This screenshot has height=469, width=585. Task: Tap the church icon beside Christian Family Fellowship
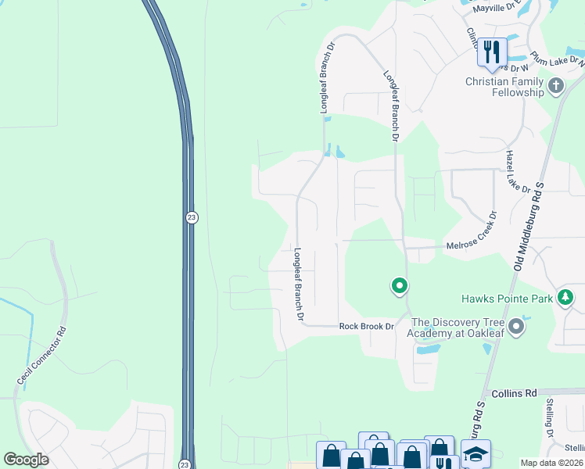click(556, 85)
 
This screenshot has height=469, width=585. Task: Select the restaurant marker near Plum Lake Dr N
click(492, 52)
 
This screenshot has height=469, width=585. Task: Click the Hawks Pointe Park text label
click(506, 298)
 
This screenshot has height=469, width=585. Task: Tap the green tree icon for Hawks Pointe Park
click(565, 298)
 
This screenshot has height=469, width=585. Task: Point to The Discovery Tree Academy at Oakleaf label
click(456, 328)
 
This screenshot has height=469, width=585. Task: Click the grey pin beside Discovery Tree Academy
click(516, 325)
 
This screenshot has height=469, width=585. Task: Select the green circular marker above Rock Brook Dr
click(399, 286)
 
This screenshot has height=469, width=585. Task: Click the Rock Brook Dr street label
click(365, 326)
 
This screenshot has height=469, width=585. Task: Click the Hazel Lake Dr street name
click(519, 172)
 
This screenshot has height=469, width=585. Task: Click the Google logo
click(27, 459)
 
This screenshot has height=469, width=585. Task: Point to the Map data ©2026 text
click(552, 463)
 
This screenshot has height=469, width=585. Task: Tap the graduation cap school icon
click(476, 454)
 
